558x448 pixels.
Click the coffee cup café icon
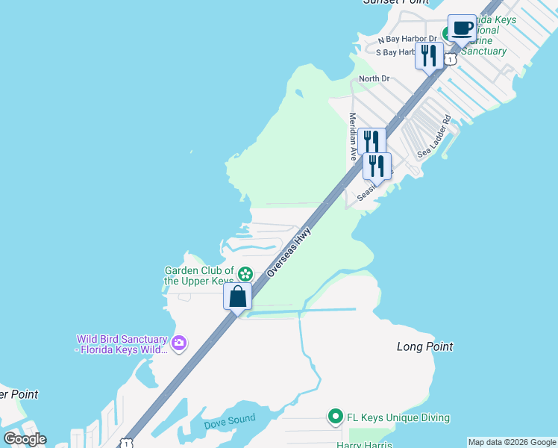pyautogui.click(x=463, y=28)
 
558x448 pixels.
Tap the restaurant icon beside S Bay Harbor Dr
pyautogui.click(x=429, y=56)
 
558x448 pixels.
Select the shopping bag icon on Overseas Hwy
pyautogui.click(x=237, y=296)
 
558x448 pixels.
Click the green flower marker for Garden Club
pyautogui.click(x=245, y=273)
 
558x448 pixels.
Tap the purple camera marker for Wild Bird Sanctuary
pyautogui.click(x=178, y=343)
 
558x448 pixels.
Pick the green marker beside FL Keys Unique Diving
pyautogui.click(x=335, y=417)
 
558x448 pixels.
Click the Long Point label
pyautogui.click(x=424, y=346)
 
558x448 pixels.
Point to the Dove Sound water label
pyautogui.click(x=229, y=421)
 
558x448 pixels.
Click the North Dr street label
pyautogui.click(x=374, y=78)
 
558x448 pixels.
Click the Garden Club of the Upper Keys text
pyautogui.click(x=198, y=276)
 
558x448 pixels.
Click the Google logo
pyautogui.click(x=25, y=438)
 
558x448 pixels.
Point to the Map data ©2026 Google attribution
pyautogui.click(x=512, y=442)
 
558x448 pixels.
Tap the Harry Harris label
pyautogui.click(x=360, y=444)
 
